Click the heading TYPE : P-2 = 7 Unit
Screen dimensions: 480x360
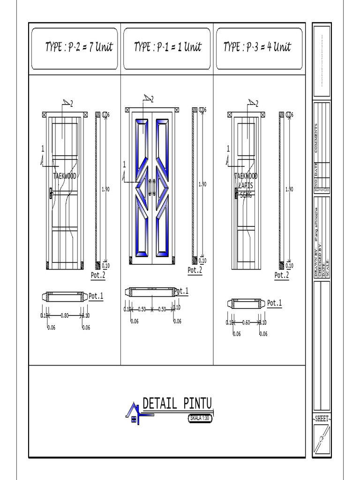[79, 47]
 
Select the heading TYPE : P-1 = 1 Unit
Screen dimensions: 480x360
[167, 47]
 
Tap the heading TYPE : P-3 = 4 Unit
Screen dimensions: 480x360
[257, 47]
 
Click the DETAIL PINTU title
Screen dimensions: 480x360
[177, 403]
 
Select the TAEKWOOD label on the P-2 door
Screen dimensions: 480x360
[65, 177]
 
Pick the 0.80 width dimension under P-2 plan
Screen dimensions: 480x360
[65, 315]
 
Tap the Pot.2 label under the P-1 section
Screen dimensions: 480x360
[195, 270]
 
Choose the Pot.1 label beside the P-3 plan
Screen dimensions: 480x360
[274, 303]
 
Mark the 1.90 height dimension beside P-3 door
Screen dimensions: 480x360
[289, 189]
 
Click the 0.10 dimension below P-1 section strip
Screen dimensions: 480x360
[202, 261]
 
